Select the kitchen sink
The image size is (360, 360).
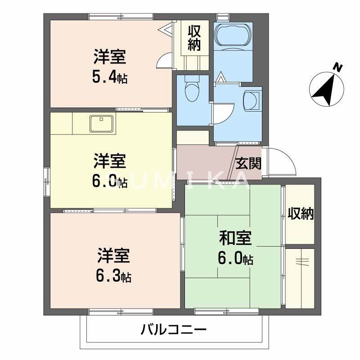pos(102,123)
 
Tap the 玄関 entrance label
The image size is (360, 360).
pos(248,163)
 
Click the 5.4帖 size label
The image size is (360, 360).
pos(110,77)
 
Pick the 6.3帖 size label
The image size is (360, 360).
pos(113,276)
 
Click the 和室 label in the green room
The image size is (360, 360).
pos(235,238)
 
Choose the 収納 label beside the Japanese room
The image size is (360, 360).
pos(301,214)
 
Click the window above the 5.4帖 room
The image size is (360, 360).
pos(121,17)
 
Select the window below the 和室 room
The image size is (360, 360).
pos(226,311)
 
